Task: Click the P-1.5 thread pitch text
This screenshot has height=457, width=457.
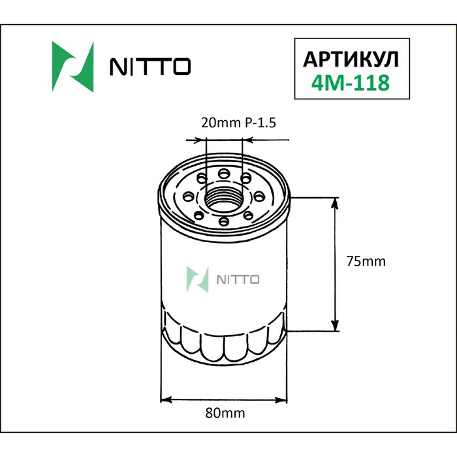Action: pyautogui.click(x=266, y=122)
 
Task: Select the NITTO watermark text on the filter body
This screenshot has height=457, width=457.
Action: pyautogui.click(x=238, y=279)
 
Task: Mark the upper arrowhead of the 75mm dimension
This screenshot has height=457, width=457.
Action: pyautogui.click(x=337, y=204)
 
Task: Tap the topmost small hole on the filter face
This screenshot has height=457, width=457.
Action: pyautogui.click(x=224, y=172)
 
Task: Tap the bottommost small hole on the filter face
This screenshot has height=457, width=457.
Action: pyautogui.click(x=224, y=223)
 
